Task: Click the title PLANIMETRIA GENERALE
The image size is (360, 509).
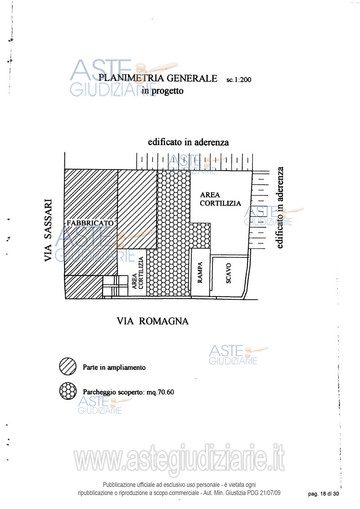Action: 158,78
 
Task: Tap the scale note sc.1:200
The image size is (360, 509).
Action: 239,80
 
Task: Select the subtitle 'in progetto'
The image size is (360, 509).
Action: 162,91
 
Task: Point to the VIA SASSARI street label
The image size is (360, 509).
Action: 48,230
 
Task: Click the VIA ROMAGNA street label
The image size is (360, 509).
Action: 153,321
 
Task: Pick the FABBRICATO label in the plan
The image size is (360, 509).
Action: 90,223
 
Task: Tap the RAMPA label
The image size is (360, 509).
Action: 200,272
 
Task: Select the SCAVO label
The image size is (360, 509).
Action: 229,273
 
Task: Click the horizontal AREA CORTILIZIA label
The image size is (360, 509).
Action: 220,199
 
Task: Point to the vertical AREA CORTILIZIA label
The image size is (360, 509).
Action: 138,273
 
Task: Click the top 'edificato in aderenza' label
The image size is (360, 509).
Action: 188,142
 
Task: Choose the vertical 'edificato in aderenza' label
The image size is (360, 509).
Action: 280,208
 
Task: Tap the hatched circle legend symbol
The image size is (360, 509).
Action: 68,366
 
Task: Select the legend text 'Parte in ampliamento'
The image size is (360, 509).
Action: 114,368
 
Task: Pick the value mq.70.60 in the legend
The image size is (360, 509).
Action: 160,392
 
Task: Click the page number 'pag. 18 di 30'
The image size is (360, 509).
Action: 323,494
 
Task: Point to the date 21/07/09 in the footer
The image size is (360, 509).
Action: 270,493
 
